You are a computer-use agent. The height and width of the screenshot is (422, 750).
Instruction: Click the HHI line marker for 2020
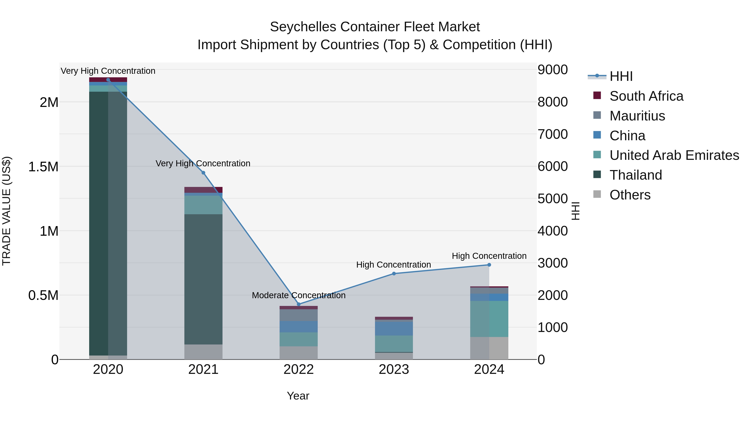pyautogui.click(x=108, y=80)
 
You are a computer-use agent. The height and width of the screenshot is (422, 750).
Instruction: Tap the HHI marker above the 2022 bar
pyautogui.click(x=298, y=304)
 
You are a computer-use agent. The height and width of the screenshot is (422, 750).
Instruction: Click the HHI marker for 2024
pyautogui.click(x=489, y=265)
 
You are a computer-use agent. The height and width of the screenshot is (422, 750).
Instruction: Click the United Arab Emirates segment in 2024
pyautogui.click(x=489, y=319)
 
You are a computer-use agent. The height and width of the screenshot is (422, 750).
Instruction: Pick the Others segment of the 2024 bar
pyautogui.click(x=489, y=348)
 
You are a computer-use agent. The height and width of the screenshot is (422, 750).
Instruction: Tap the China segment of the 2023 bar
pyautogui.click(x=394, y=328)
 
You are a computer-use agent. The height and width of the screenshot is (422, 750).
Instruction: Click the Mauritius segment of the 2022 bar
pyautogui.click(x=298, y=315)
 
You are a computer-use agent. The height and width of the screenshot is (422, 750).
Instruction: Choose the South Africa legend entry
pyautogui.click(x=646, y=96)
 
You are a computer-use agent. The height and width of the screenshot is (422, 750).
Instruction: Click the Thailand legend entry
pyautogui.click(x=636, y=175)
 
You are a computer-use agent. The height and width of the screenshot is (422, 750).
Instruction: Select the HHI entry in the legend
pyautogui.click(x=621, y=76)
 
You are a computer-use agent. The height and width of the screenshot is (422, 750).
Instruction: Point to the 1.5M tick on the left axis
pyautogui.click(x=43, y=167)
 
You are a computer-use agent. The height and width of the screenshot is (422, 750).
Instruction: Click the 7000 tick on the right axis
pyautogui.click(x=552, y=134)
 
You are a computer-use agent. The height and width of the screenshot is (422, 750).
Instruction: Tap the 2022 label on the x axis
pyautogui.click(x=298, y=369)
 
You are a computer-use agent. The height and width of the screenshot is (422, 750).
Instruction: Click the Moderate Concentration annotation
pyautogui.click(x=298, y=295)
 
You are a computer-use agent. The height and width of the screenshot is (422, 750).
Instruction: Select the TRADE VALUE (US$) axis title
pyautogui.click(x=7, y=211)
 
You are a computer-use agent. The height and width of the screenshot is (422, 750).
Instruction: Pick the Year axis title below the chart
pyautogui.click(x=298, y=396)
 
